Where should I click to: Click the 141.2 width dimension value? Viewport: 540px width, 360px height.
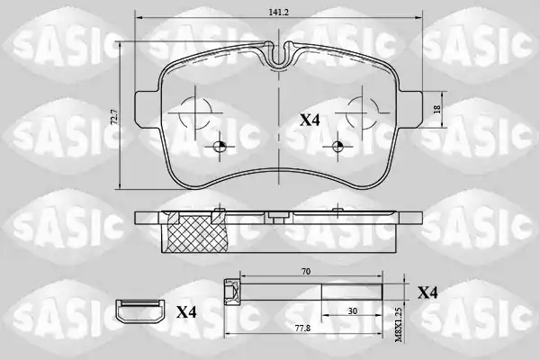point(279,12)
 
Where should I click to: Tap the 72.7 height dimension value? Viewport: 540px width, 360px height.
point(114,117)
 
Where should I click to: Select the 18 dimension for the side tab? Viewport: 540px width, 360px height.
point(437,109)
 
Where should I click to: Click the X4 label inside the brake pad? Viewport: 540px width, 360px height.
point(310,121)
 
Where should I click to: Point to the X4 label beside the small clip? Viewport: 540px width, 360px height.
point(186,312)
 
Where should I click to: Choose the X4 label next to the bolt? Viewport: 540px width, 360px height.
point(427,292)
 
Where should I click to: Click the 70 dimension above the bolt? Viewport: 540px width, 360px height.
point(306,272)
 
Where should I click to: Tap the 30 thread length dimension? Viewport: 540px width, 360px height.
point(352,311)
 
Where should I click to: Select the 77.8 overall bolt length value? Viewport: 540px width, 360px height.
point(303,328)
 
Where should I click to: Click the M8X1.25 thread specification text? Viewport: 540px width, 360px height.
point(399,325)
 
